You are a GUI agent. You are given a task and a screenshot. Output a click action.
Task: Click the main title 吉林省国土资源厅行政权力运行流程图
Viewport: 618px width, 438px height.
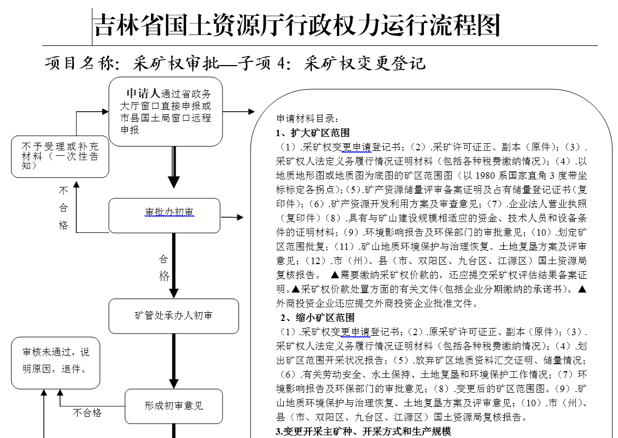297,26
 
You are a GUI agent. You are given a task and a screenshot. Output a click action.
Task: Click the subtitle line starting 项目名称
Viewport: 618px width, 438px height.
235,63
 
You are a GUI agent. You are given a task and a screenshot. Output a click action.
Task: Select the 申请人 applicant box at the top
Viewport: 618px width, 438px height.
165,112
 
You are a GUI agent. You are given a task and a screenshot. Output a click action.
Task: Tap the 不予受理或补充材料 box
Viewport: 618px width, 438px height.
60,156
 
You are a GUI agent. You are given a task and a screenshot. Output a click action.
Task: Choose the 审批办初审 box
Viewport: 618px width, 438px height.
165,215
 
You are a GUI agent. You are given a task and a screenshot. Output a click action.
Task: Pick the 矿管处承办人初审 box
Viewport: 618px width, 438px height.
173,316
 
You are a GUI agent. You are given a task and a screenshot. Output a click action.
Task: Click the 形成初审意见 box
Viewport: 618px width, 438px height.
173,406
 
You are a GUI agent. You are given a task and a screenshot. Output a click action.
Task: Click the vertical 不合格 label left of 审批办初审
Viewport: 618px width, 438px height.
63,208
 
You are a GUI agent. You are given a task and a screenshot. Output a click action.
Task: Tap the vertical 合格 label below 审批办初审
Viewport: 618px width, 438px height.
164,267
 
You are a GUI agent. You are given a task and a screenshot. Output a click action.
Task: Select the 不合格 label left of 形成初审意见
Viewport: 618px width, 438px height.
88,413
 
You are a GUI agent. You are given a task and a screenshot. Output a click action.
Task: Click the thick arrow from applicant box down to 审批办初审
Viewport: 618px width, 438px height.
173,170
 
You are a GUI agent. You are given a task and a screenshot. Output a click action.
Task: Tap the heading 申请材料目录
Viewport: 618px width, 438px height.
308,118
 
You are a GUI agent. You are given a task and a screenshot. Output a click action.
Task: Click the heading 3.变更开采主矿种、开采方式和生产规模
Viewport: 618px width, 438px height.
363,431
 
